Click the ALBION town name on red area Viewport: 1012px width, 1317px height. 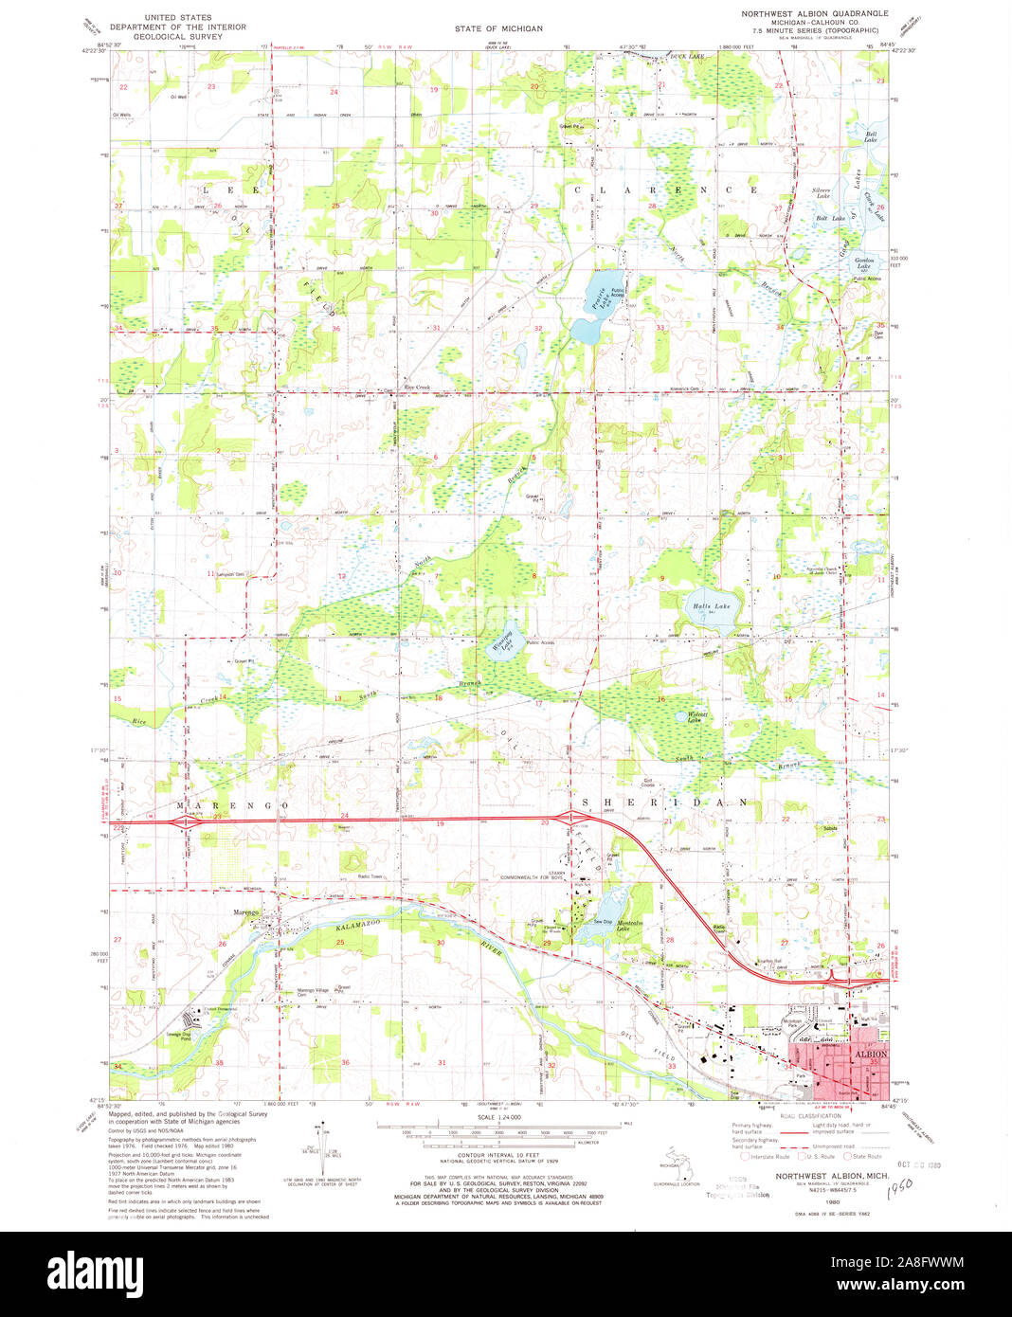click(x=871, y=1054)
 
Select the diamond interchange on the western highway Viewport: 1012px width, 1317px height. click(x=185, y=822)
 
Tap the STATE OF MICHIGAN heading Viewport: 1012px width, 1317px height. click(x=498, y=28)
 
